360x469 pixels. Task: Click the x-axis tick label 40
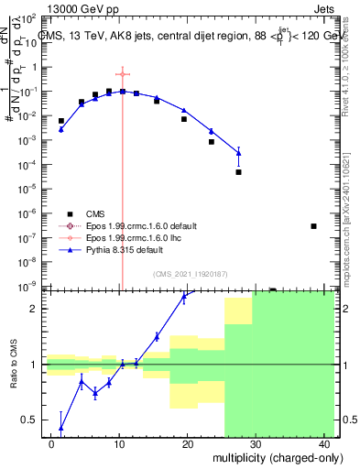tap(322, 443)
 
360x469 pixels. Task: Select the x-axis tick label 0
tap(51, 443)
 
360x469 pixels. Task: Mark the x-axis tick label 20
tap(187, 443)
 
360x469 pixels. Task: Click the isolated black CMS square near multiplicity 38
tap(314, 226)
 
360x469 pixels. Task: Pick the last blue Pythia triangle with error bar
tap(239, 152)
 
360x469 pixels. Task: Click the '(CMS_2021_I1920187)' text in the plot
tap(189, 274)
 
